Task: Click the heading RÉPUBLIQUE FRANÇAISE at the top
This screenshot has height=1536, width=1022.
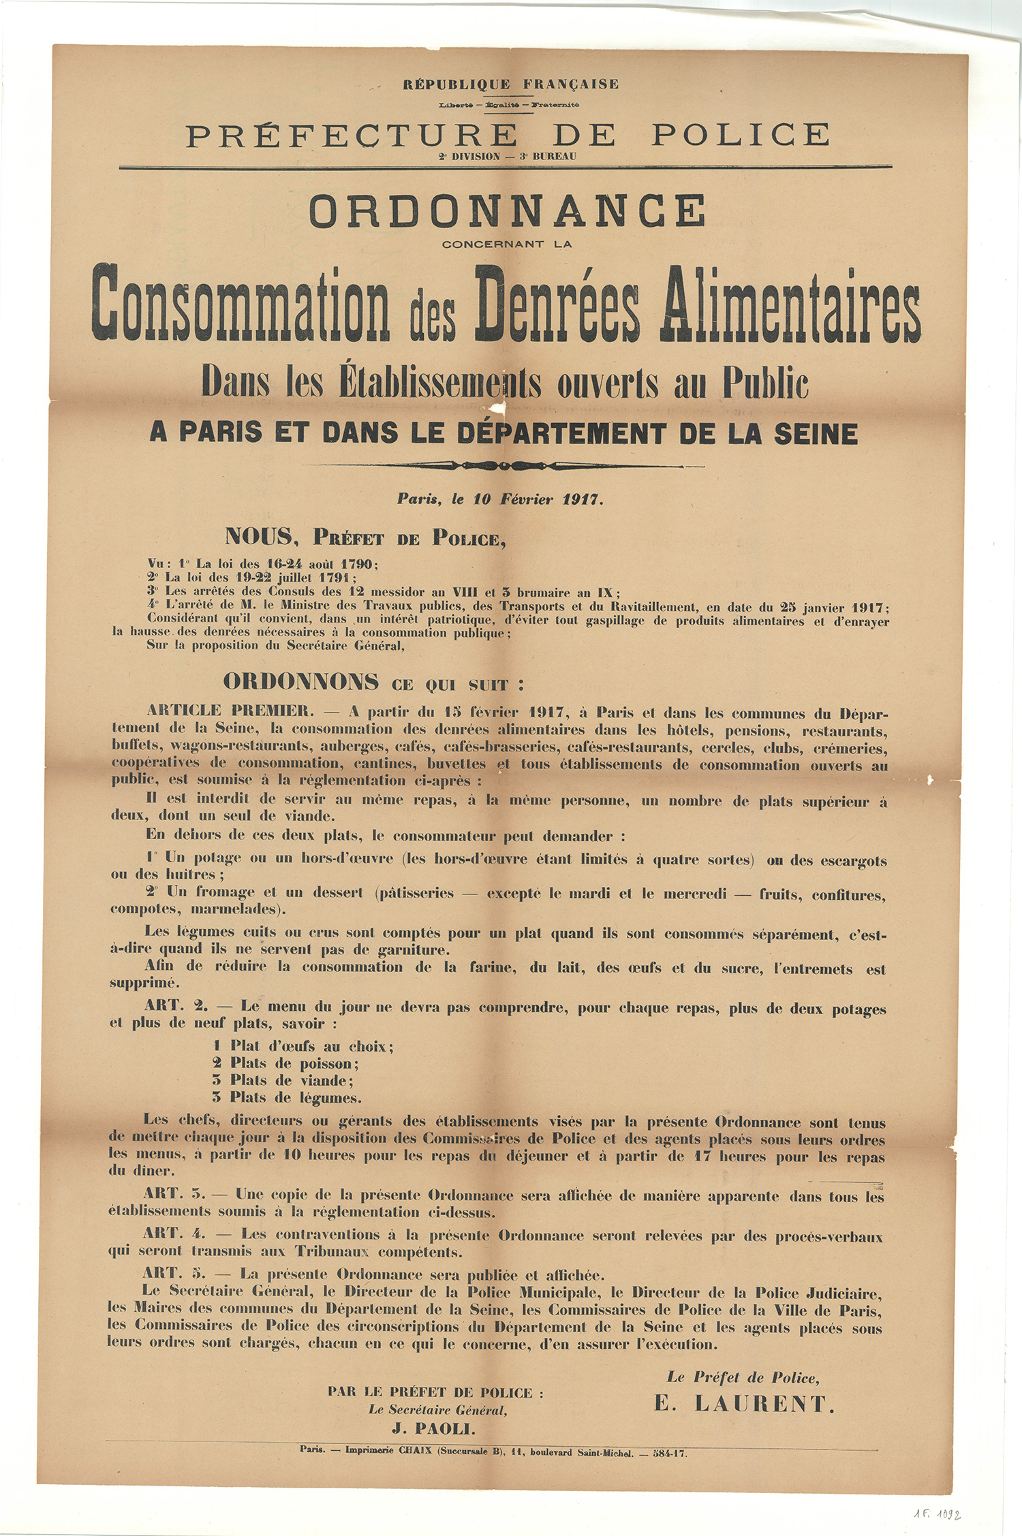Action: [x=510, y=84]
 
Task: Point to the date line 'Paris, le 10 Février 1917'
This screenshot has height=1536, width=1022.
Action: [x=500, y=499]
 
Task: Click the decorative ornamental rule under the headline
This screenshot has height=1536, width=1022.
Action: [x=508, y=466]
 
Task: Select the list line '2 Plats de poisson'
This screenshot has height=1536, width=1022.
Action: [x=285, y=1063]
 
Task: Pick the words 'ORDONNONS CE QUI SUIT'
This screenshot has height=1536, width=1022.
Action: [x=374, y=683]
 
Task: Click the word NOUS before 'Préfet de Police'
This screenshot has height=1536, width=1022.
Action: [x=259, y=537]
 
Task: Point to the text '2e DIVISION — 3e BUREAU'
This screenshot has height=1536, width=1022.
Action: [x=508, y=157]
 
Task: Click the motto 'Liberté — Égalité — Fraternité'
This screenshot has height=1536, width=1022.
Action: [x=509, y=105]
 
